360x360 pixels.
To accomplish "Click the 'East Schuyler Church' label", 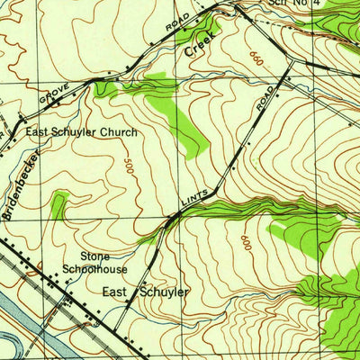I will (81, 132).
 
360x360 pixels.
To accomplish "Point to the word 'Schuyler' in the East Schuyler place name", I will (163, 292).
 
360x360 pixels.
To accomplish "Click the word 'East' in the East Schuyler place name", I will (116, 292).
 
